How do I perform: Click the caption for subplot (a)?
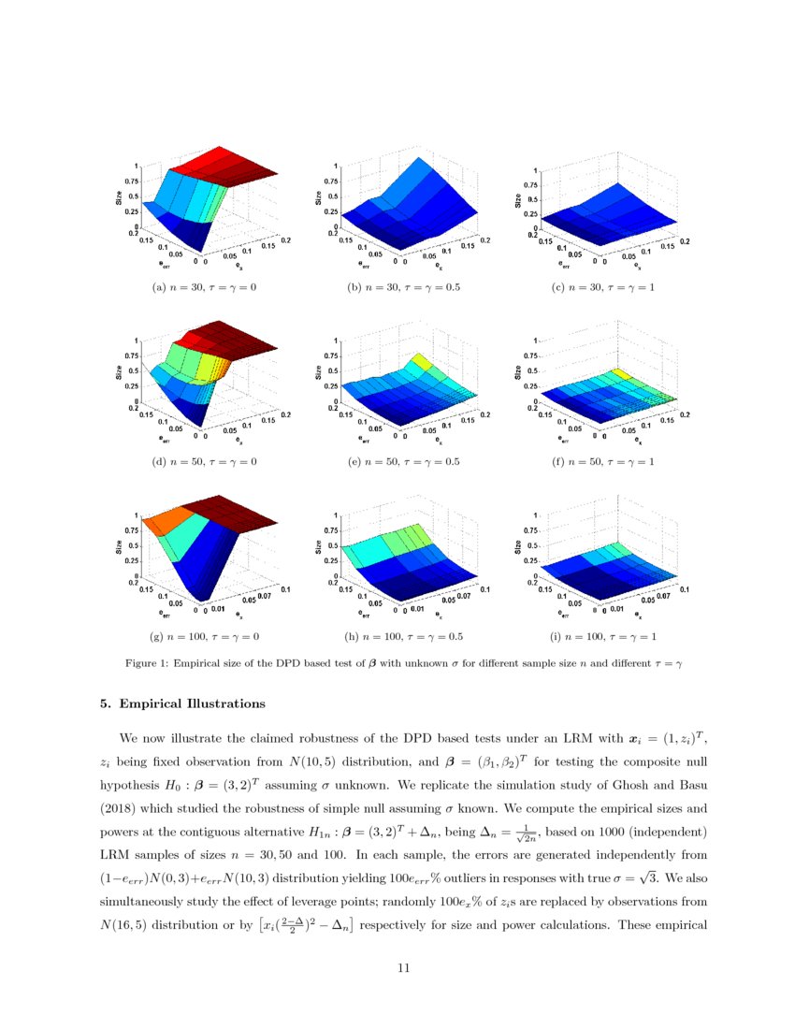click(x=203, y=287)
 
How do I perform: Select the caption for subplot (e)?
click(x=403, y=461)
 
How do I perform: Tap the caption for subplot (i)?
click(x=602, y=637)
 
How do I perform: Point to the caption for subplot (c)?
click(x=602, y=287)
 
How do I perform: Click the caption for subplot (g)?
click(x=203, y=637)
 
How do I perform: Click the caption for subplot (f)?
click(x=602, y=461)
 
